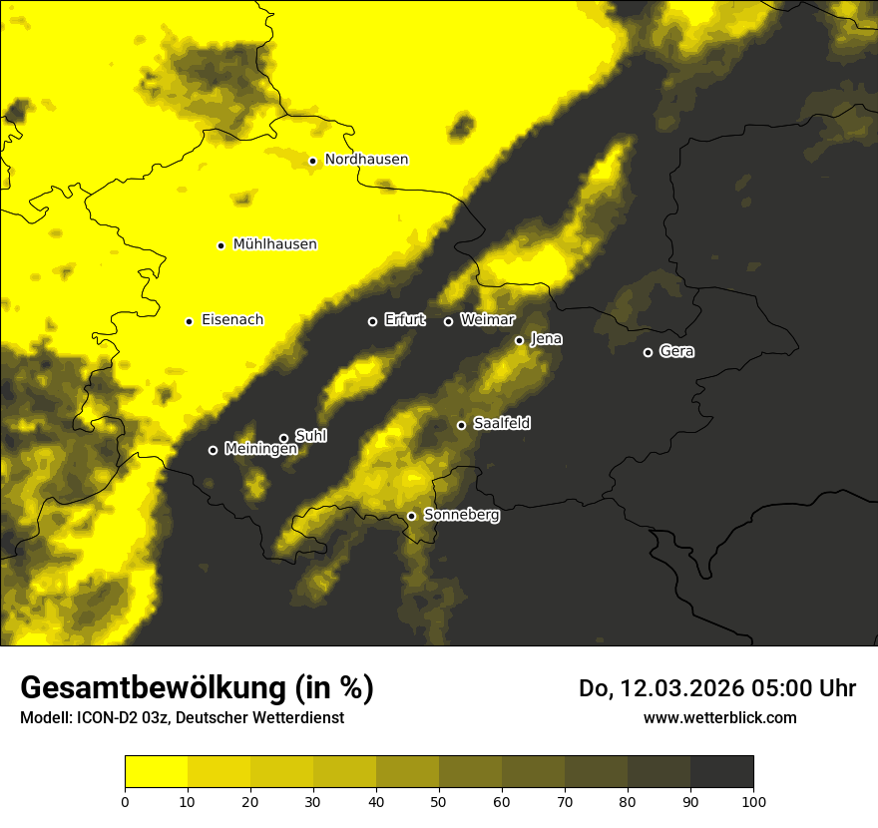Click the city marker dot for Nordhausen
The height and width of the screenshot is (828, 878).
(312, 161)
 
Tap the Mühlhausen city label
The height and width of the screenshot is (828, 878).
(275, 244)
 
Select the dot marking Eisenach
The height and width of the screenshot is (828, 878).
(189, 321)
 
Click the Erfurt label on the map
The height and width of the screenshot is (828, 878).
(405, 320)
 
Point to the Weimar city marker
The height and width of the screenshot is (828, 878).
(448, 321)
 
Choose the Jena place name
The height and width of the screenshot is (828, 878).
(547, 339)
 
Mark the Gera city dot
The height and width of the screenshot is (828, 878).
(648, 352)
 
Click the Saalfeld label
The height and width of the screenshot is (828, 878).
(502, 424)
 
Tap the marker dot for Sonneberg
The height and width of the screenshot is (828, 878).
(411, 517)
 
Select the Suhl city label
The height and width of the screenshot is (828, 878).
(311, 436)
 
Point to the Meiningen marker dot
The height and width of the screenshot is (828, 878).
(213, 450)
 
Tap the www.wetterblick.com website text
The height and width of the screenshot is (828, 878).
(720, 718)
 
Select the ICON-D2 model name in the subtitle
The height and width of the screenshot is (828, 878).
(112, 718)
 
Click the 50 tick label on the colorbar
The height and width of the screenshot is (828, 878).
(439, 801)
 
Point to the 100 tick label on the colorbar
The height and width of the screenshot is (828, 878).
(753, 801)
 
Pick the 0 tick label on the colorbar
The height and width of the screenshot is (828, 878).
(125, 801)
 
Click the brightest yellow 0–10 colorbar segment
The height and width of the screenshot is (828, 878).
(156, 772)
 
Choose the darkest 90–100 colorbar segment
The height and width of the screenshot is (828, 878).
(722, 772)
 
